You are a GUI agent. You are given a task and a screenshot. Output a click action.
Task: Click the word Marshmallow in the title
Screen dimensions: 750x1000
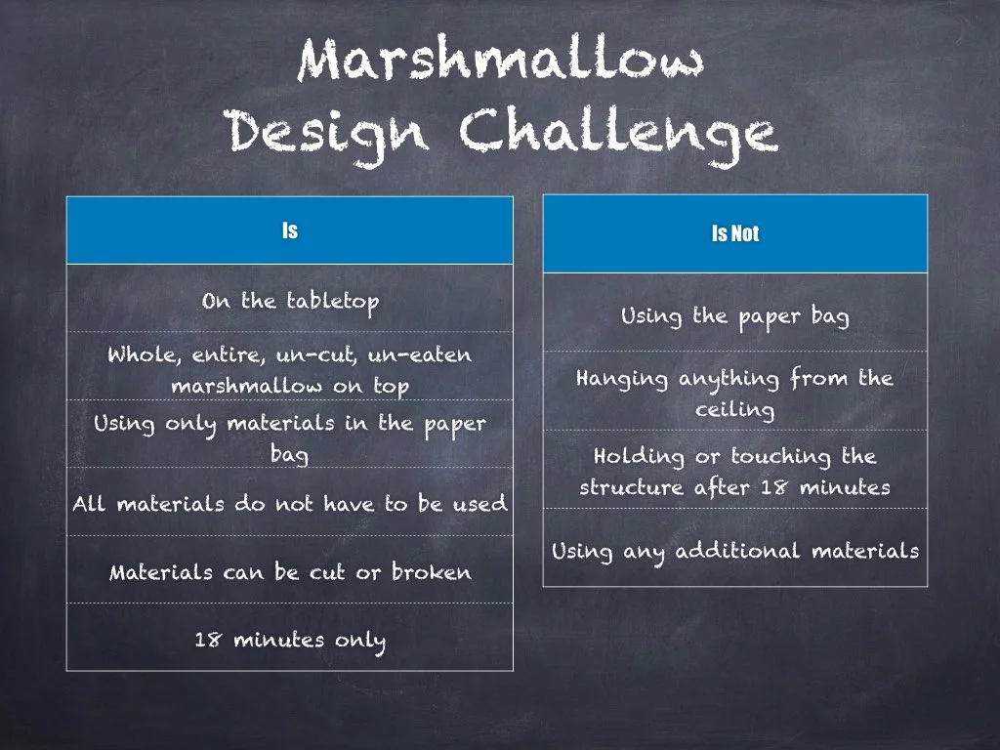click(x=500, y=61)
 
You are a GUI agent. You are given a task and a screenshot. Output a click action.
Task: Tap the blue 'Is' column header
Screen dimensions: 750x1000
click(x=290, y=230)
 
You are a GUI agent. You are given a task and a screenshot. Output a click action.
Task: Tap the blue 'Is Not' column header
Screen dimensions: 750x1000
click(x=734, y=233)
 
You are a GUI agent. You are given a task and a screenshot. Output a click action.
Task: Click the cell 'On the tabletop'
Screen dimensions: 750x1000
click(x=290, y=300)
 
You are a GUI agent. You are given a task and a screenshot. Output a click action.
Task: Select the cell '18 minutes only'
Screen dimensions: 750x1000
click(x=290, y=640)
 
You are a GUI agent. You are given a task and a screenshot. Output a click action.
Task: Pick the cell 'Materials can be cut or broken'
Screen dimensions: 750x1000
click(x=290, y=571)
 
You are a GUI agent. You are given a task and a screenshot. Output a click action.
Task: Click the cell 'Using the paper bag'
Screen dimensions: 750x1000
click(x=734, y=315)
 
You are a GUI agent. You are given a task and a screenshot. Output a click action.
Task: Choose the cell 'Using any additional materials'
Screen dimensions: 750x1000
click(x=734, y=550)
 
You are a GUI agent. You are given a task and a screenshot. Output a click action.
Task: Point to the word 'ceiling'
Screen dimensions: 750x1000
click(x=734, y=409)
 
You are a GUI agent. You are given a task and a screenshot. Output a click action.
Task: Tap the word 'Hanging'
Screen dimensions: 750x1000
click(x=621, y=378)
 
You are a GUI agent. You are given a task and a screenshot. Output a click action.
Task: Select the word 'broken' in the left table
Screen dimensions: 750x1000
click(x=431, y=571)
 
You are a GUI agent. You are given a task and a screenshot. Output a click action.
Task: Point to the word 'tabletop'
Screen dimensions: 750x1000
click(x=332, y=300)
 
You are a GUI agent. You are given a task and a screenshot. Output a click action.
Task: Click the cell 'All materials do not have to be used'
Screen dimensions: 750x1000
click(x=290, y=504)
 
